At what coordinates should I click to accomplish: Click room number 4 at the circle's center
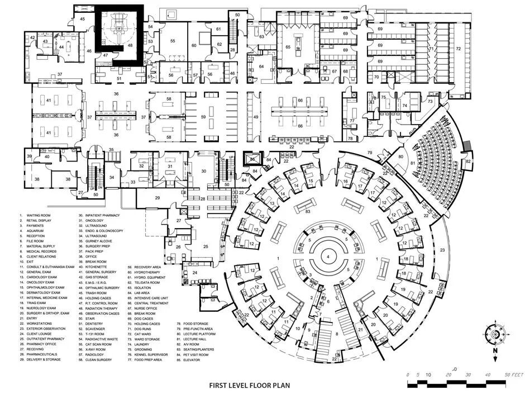(328, 257)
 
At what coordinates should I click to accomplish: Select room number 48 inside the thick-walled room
(130, 45)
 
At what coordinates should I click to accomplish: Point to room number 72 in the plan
(459, 49)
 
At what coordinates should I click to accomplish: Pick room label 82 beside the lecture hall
(468, 162)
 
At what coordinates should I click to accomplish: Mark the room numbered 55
(173, 41)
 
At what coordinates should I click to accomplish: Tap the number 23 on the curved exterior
(442, 250)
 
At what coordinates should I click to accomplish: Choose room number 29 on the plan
(158, 198)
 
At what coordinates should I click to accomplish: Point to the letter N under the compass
(494, 350)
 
